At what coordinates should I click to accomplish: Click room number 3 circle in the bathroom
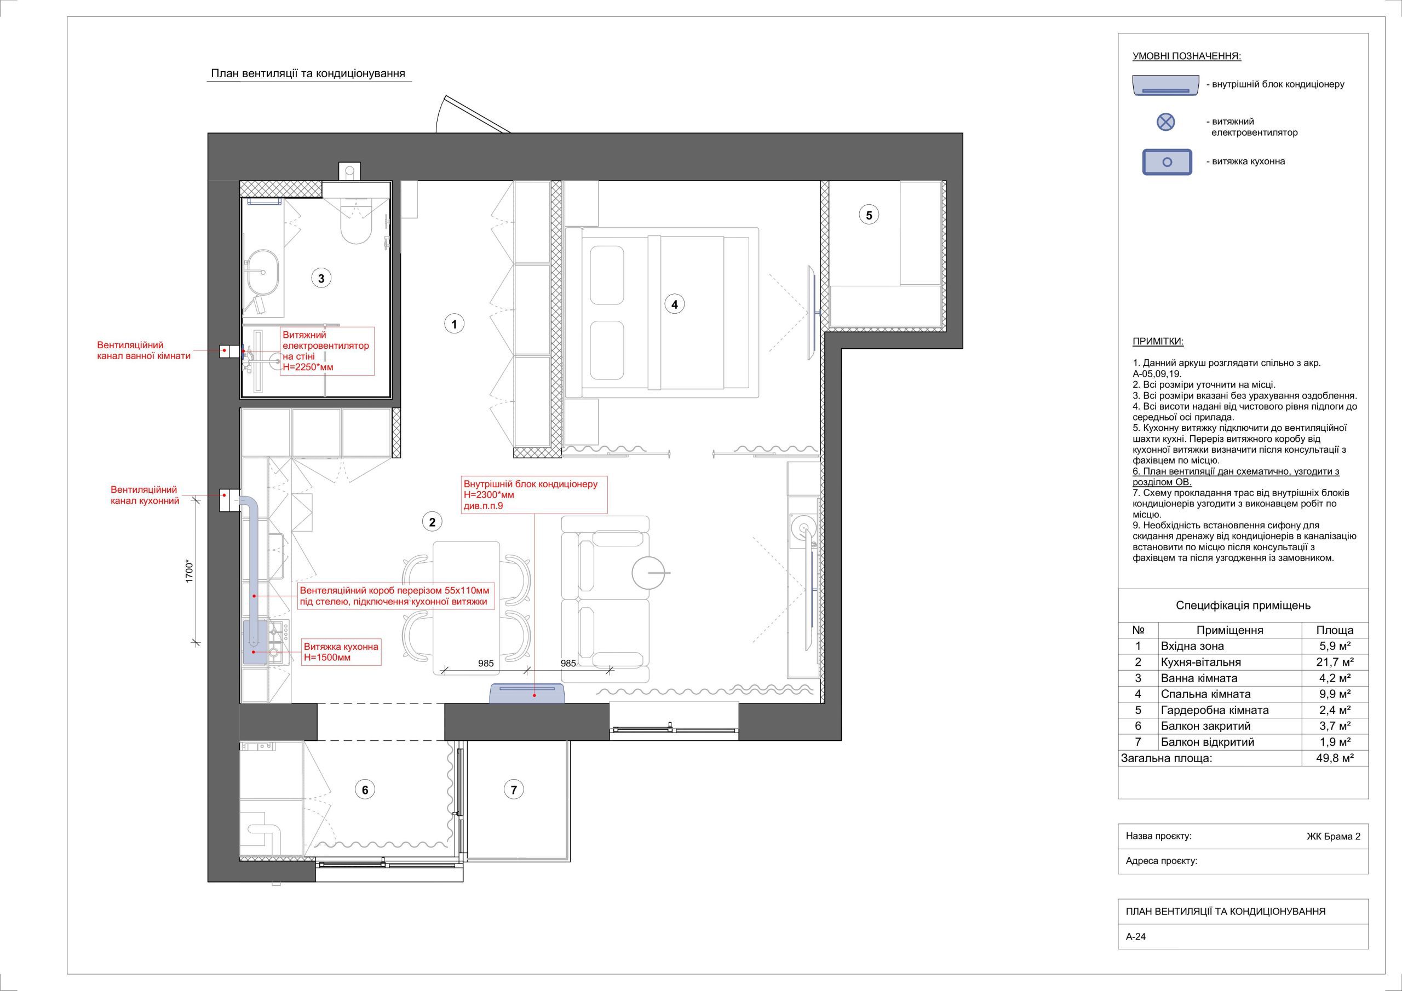pos(321,279)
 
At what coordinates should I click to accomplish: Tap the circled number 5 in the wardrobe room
pos(869,215)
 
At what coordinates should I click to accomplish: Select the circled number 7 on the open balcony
pos(514,790)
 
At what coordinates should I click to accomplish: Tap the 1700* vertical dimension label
pos(189,572)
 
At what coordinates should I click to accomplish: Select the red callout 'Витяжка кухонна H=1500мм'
pos(341,652)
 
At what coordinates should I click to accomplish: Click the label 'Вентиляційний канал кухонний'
pos(145,495)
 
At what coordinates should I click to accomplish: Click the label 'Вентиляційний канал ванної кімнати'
pos(144,350)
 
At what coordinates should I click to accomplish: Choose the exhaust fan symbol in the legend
pos(1166,122)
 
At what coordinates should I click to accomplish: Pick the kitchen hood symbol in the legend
pos(1167,162)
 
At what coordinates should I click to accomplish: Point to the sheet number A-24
pos(1136,954)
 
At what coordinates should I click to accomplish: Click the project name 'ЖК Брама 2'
pos(1333,837)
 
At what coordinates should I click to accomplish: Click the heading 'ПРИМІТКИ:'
pos(1158,342)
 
